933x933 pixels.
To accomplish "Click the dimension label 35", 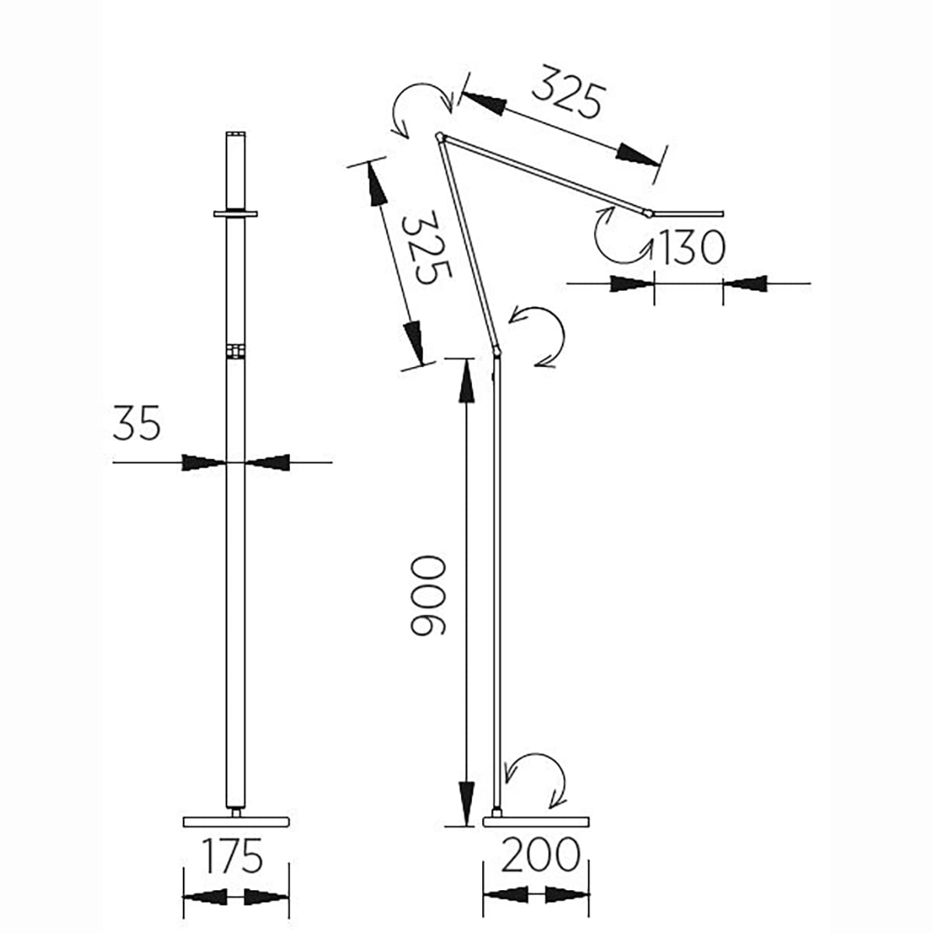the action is (136, 423).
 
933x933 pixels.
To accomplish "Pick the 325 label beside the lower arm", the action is (426, 247).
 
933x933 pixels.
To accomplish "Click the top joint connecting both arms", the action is (439, 137).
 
